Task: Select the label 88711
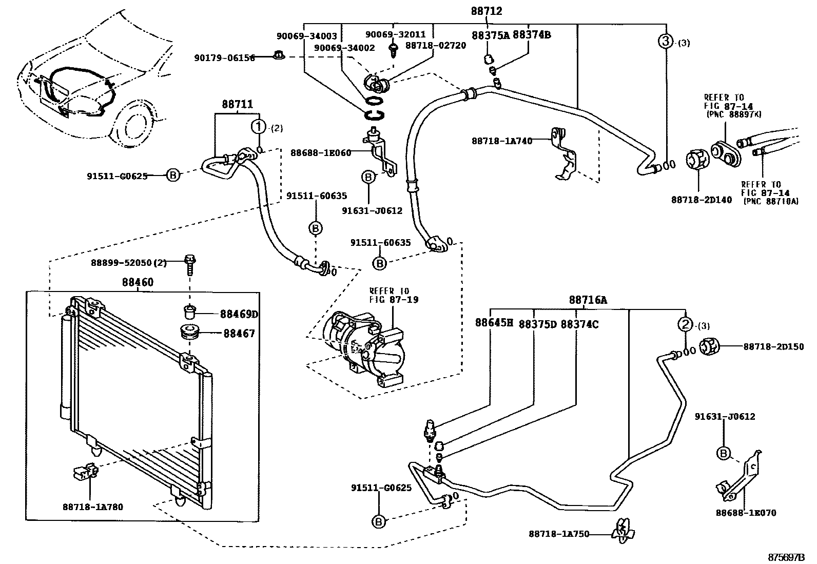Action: [x=237, y=104]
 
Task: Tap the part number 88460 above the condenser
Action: [x=138, y=282]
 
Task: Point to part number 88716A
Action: [x=588, y=300]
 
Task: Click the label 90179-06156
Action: [x=224, y=57]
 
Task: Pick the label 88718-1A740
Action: [x=502, y=140]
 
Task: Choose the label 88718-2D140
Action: [x=702, y=200]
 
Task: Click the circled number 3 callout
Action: [x=665, y=42]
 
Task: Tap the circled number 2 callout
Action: [x=685, y=324]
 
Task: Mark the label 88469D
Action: [x=239, y=314]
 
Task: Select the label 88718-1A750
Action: [x=559, y=534]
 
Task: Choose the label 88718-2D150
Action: [x=773, y=347]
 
